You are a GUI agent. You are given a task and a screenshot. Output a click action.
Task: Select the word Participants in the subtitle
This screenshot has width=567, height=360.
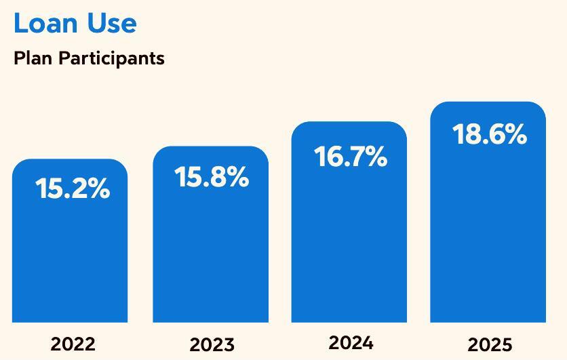(x=111, y=58)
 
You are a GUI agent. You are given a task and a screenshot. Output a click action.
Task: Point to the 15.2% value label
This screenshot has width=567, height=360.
(x=73, y=189)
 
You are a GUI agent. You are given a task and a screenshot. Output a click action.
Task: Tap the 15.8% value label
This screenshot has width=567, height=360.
(x=212, y=177)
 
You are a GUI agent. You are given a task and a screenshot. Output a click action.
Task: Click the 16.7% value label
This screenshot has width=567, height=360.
(x=351, y=157)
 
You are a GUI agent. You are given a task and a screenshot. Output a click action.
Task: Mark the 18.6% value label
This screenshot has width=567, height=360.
(x=490, y=134)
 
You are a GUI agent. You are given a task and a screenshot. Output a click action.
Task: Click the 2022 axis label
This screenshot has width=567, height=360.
(x=73, y=344)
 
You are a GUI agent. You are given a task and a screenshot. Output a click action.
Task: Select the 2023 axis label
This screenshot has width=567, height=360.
(x=212, y=344)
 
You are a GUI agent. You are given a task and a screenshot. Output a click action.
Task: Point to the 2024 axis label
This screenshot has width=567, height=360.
(x=351, y=342)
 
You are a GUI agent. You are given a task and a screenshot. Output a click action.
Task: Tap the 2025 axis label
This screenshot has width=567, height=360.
(x=490, y=344)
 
